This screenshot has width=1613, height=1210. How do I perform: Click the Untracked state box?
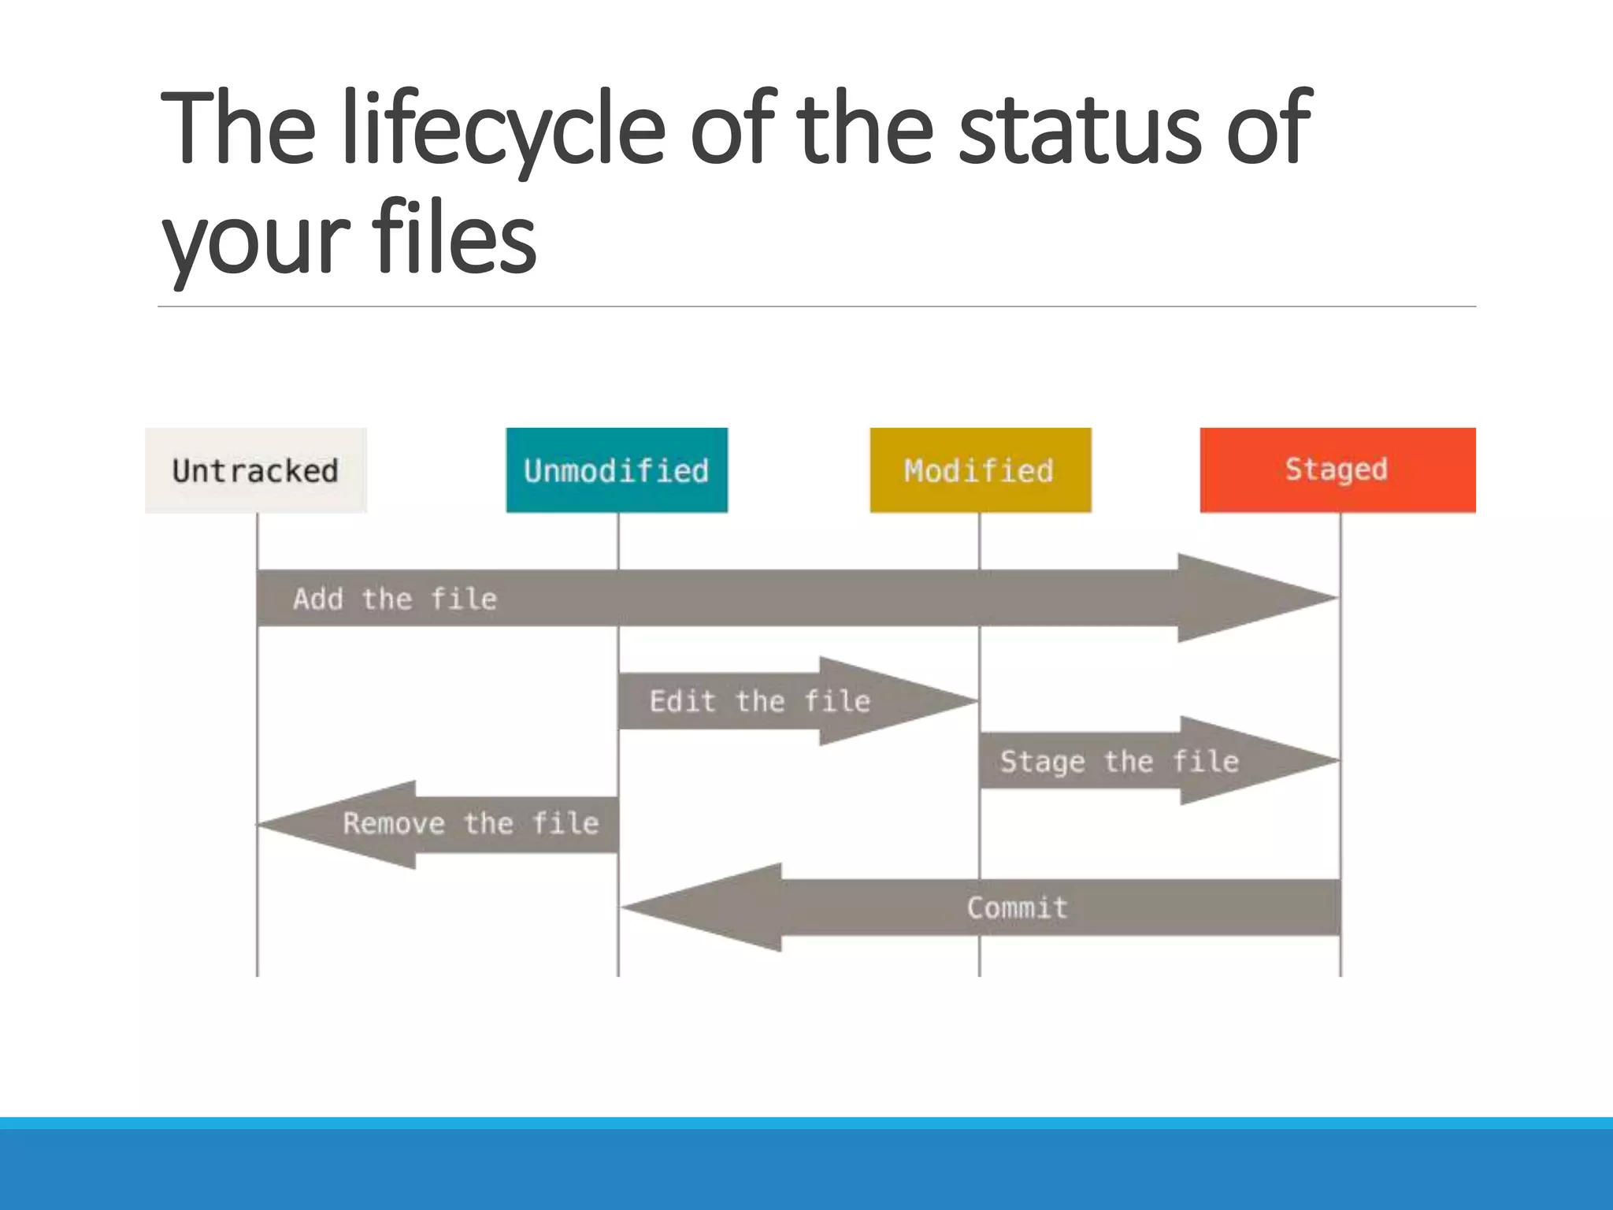click(x=255, y=470)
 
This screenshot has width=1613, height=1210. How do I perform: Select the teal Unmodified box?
click(x=617, y=470)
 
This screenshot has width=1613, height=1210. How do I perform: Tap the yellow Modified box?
click(x=980, y=470)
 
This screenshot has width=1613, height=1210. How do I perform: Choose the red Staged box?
click(x=1337, y=470)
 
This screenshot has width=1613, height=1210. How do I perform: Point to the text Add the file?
click(x=395, y=599)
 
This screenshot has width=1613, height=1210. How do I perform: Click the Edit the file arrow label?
click(x=759, y=701)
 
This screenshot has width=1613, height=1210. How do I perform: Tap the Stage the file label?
click(x=1118, y=761)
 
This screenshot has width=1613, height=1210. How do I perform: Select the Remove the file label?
click(x=470, y=824)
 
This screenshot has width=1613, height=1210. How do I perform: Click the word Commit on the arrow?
click(x=1017, y=907)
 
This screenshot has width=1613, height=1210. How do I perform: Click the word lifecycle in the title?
click(x=504, y=130)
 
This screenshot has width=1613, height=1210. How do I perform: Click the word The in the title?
click(x=237, y=130)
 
